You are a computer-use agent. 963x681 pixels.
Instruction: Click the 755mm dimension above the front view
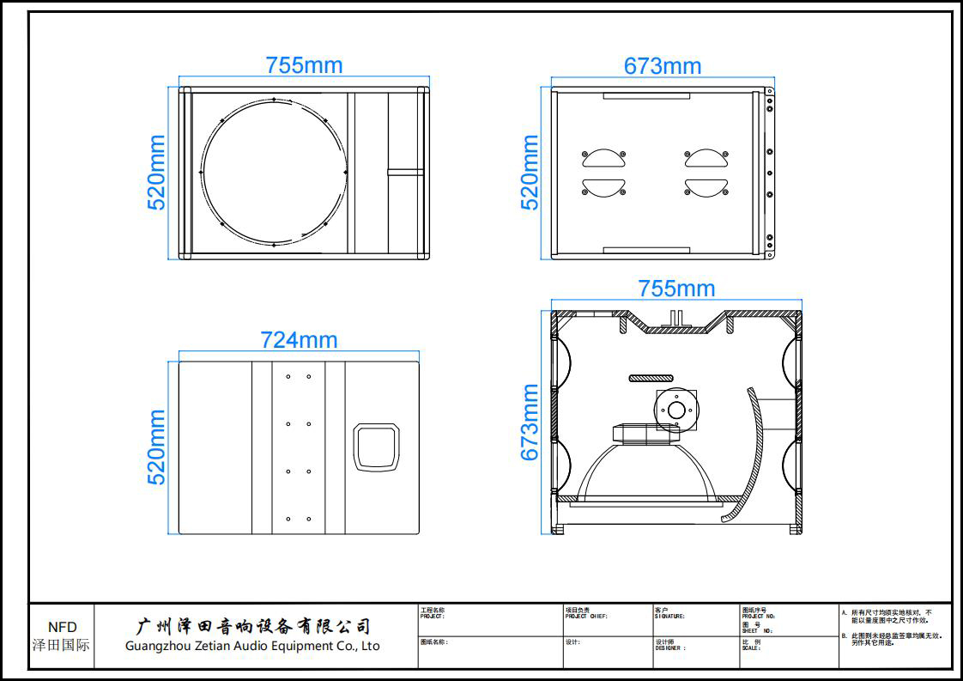coord(304,65)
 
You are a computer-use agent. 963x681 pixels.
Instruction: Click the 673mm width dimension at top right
coord(663,66)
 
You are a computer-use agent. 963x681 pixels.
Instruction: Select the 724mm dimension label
coord(299,340)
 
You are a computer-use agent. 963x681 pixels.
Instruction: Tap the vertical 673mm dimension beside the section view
coord(530,422)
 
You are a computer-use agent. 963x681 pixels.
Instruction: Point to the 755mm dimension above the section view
coord(676,289)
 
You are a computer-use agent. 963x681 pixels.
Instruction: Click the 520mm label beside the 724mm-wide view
coord(156,447)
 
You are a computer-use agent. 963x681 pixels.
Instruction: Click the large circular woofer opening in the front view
coord(274,172)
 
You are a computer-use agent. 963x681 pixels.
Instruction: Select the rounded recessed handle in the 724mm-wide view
coord(378,447)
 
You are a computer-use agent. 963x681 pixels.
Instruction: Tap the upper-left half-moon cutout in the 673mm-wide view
coord(604,158)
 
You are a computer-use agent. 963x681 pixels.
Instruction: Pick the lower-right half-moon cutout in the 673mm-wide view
coord(706,187)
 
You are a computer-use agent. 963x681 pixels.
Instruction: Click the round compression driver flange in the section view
coord(676,410)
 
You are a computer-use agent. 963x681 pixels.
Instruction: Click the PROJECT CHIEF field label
coord(586,616)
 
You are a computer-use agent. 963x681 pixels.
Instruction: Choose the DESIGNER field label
coord(672,648)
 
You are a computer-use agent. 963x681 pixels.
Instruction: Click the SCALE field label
coord(751,648)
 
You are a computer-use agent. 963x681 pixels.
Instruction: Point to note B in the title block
coord(893,639)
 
